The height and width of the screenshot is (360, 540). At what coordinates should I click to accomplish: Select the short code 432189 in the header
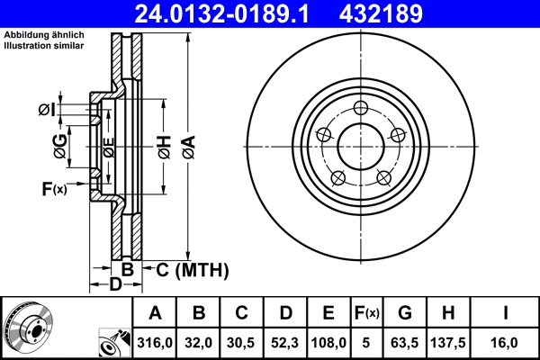coord(402,14)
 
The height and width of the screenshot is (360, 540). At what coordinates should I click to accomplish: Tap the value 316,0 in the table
coord(155,343)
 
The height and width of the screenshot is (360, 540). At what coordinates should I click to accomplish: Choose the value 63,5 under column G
coord(405,343)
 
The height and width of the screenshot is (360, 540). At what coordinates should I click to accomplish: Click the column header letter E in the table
coord(328,314)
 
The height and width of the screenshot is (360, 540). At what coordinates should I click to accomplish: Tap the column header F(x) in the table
coord(366,314)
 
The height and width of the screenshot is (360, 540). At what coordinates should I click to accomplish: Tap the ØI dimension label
coord(47,110)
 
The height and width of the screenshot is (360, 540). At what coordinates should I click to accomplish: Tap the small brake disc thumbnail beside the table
coord(27,326)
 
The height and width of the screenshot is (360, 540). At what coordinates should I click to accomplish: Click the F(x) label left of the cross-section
coord(54,188)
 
